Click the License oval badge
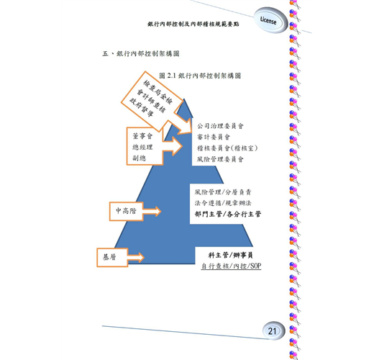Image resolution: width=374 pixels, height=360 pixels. tap(270, 20)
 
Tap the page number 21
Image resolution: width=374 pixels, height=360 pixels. tap(272, 331)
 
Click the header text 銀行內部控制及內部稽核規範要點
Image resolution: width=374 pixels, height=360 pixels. tap(193, 24)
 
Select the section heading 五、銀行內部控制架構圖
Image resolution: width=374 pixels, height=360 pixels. tap(141, 53)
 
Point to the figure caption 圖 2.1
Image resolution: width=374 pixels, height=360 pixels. tap(168, 76)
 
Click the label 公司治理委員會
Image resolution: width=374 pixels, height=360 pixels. tap(220, 126)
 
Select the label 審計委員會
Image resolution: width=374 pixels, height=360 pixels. tap(214, 137)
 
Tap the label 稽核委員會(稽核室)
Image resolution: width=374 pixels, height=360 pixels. tap(227, 148)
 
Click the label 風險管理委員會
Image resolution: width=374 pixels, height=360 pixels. tap(220, 159)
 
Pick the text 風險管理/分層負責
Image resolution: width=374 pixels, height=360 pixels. tap(223, 192)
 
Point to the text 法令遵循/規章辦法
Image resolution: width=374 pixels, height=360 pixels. tap(223, 203)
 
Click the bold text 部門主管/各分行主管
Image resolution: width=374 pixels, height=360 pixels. tap(228, 214)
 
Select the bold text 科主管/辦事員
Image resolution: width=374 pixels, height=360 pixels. tap(230, 255)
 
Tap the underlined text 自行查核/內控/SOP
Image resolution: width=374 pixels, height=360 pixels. tap(231, 266)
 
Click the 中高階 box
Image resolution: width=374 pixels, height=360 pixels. tap(127, 211)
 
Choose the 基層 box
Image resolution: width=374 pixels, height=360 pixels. tap(112, 257)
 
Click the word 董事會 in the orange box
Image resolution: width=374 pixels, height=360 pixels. tap(142, 136)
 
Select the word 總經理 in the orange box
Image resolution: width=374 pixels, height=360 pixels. tap(142, 147)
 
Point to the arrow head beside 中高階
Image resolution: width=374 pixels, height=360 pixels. tap(158, 211)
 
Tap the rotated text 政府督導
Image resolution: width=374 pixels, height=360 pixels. tap(141, 107)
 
